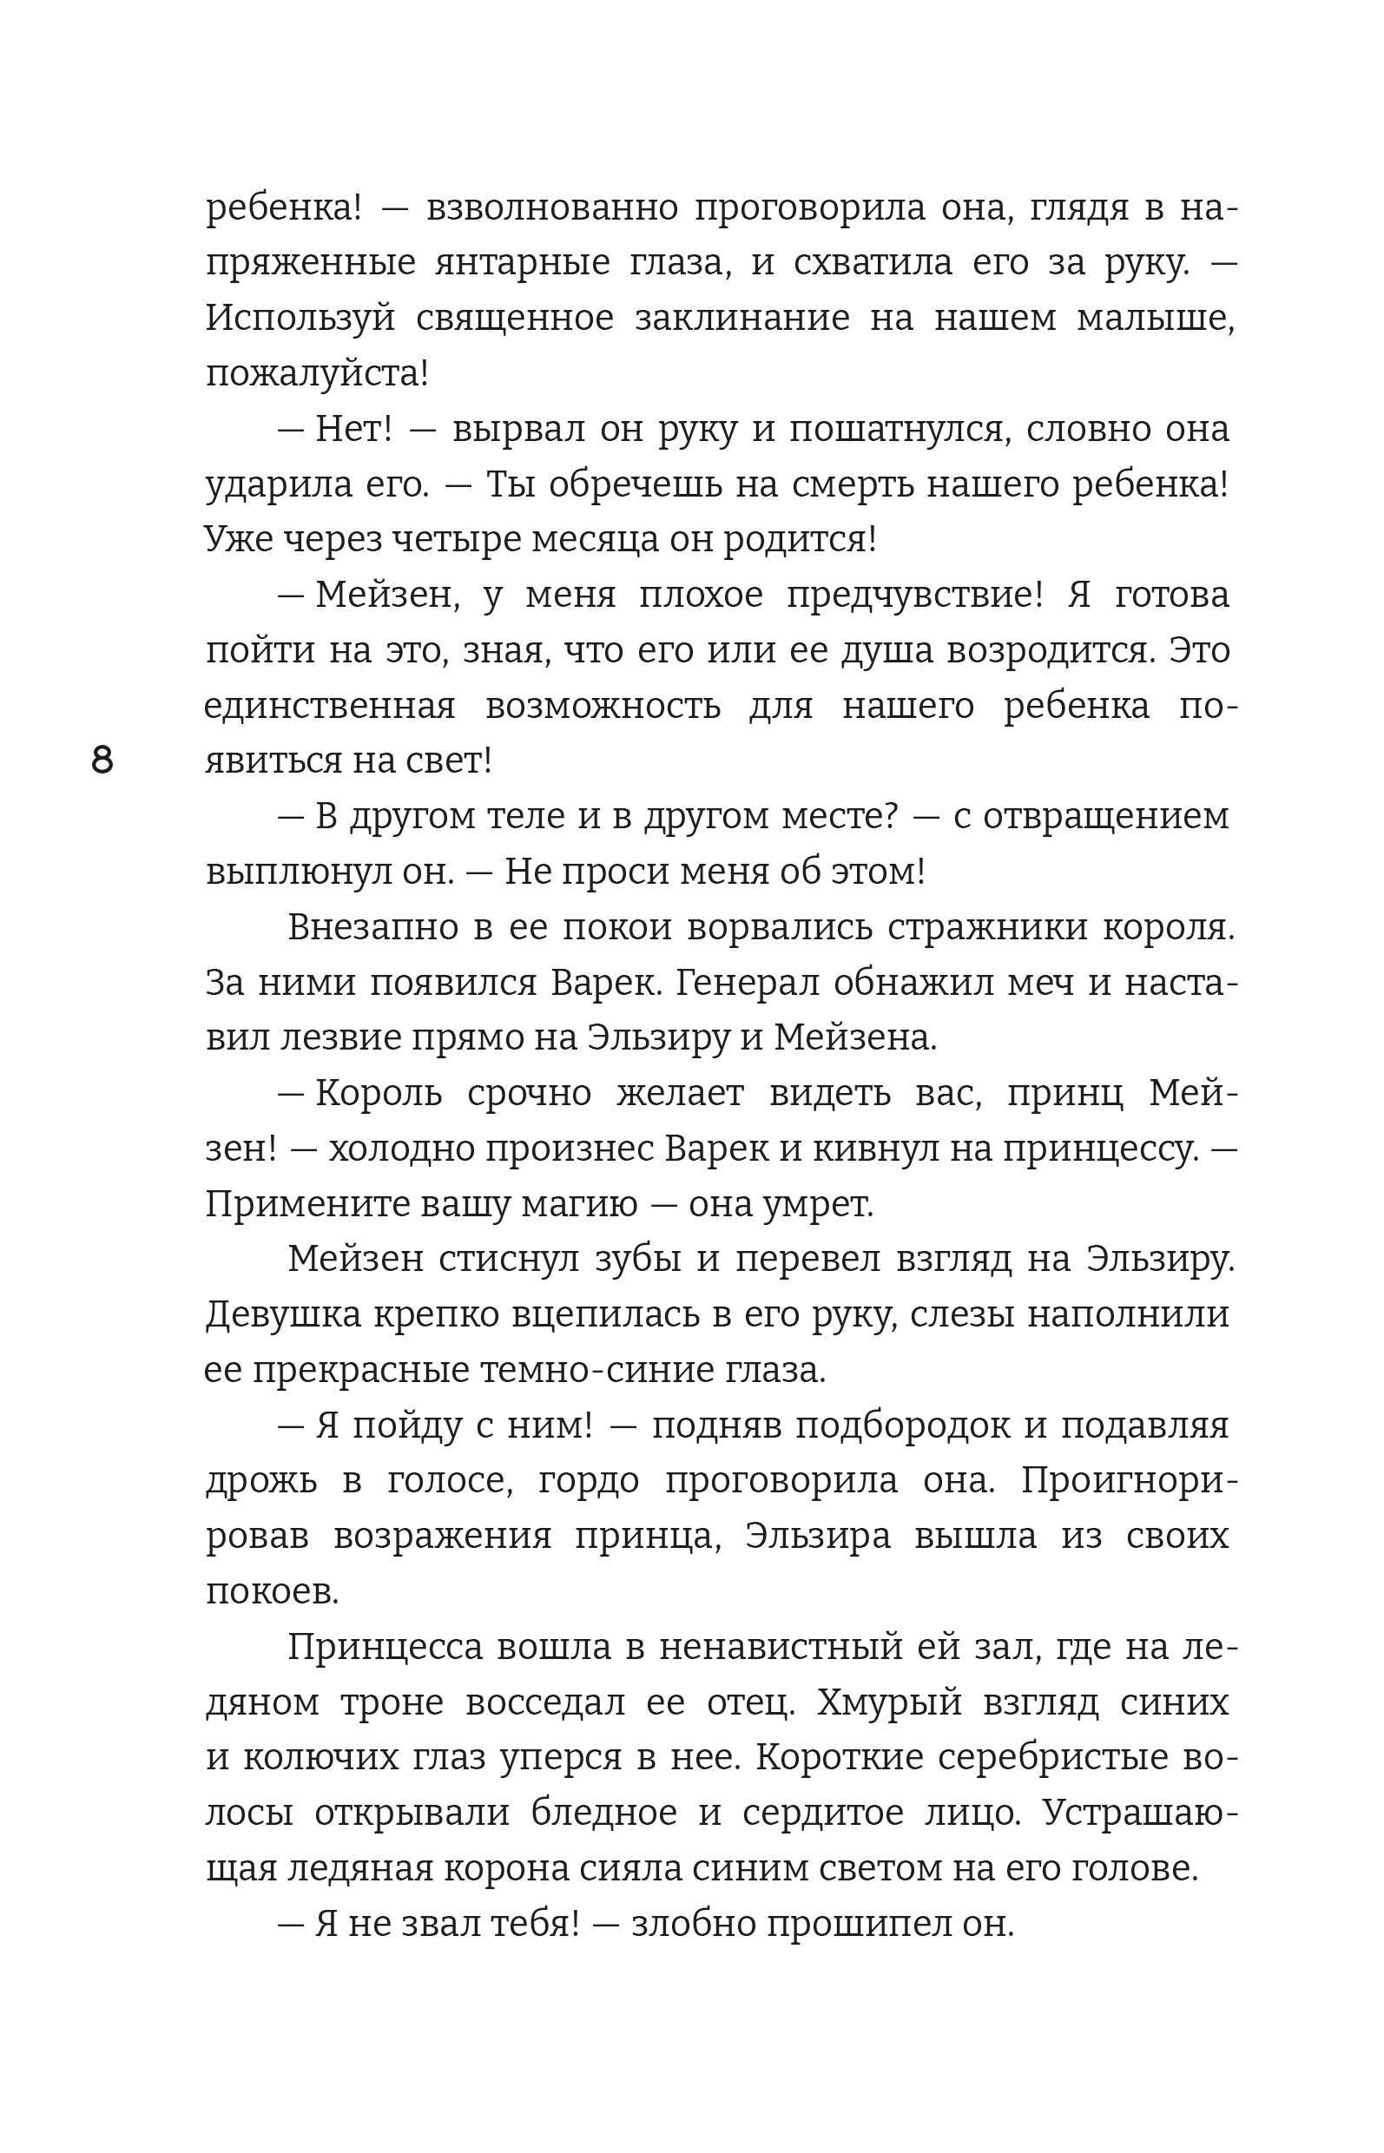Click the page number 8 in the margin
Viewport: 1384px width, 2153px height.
102,761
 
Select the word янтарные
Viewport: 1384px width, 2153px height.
521,263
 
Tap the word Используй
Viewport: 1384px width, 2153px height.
300,318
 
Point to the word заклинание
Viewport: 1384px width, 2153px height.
741,318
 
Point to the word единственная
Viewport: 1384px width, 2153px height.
330,707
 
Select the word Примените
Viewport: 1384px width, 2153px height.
306,1205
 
